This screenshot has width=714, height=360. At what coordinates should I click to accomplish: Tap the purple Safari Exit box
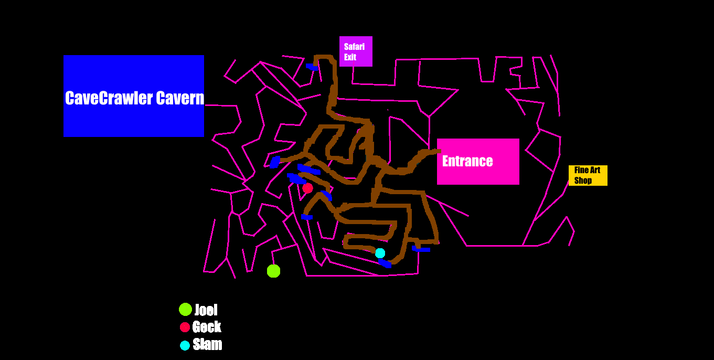click(356, 51)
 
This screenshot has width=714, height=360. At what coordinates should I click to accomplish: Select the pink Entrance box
click(478, 161)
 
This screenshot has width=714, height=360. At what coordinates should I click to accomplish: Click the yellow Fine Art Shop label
click(588, 175)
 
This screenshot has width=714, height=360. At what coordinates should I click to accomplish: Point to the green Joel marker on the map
click(273, 271)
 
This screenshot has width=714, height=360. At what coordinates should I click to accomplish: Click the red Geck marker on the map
click(307, 188)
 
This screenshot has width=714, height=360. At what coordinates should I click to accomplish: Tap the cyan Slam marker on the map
click(380, 253)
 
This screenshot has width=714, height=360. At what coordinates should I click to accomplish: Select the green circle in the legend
click(185, 309)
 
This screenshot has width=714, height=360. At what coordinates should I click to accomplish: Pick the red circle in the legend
click(185, 327)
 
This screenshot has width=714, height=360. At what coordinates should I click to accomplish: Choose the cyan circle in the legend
click(185, 345)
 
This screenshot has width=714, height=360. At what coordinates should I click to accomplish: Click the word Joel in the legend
click(206, 310)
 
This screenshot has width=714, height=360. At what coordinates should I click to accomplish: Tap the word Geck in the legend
click(207, 327)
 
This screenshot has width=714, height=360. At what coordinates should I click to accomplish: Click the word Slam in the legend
click(207, 344)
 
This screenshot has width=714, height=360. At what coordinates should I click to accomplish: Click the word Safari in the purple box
click(354, 47)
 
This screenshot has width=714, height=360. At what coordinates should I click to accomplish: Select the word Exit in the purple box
click(350, 57)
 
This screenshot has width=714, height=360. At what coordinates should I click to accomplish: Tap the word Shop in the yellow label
click(583, 181)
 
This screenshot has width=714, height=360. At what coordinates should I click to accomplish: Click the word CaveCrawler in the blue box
click(109, 98)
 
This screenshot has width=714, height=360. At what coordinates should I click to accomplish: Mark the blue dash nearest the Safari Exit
click(312, 67)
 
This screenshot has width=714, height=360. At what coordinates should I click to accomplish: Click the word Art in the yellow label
click(595, 170)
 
